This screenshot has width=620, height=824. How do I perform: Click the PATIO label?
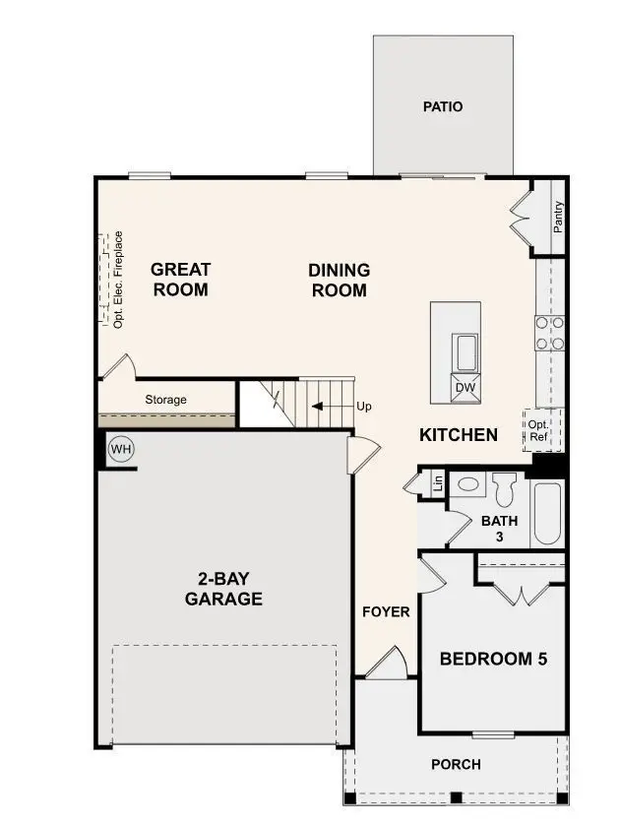[442, 106]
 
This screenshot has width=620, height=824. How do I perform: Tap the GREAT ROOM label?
[180, 280]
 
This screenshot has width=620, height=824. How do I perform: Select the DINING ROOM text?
[339, 280]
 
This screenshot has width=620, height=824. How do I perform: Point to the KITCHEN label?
[458, 434]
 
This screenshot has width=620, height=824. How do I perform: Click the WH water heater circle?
[120, 449]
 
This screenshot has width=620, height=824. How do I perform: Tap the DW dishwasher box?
[465, 388]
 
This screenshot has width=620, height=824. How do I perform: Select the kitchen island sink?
[465, 350]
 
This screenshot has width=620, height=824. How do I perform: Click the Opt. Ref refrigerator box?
[538, 429]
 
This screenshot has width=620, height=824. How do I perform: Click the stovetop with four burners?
[548, 333]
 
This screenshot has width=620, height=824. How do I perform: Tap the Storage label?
[165, 400]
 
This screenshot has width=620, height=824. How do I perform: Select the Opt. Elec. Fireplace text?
[118, 279]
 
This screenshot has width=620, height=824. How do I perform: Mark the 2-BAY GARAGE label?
[223, 588]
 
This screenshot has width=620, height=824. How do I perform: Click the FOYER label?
[386, 611]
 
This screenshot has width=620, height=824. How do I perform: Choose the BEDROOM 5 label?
[492, 659]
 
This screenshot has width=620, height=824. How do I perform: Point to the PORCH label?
[456, 764]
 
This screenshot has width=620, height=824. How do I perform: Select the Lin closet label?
[438, 482]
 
